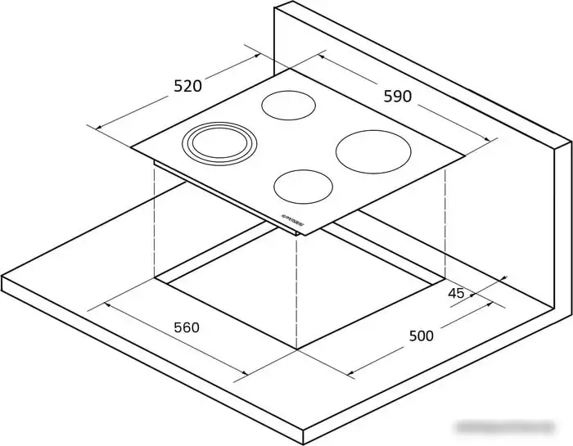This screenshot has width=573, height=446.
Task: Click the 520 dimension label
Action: [187, 85]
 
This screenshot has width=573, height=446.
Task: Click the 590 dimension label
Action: [398, 96]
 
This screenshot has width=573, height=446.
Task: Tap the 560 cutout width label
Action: [186, 327]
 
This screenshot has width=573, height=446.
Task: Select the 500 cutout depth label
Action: [421, 336]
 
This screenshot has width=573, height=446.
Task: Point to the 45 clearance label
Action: [456, 293]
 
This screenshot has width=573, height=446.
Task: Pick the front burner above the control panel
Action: [305, 187]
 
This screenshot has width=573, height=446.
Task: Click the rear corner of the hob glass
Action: [289, 69]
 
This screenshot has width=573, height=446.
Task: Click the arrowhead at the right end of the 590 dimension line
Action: [494, 142]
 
